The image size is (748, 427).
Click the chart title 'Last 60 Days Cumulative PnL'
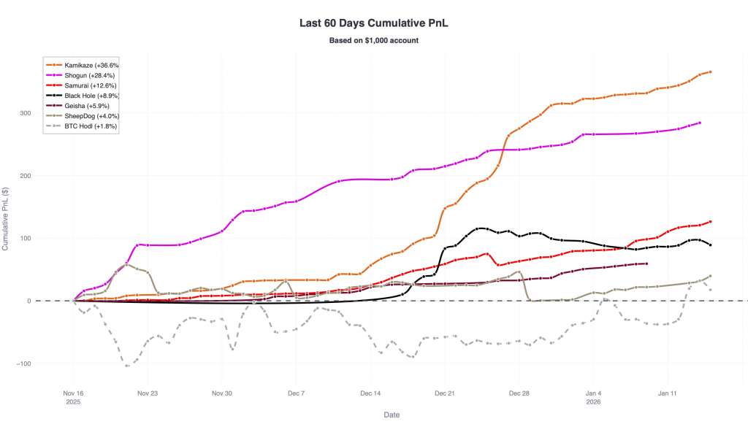point(373,23)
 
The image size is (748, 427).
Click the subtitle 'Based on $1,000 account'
point(373,40)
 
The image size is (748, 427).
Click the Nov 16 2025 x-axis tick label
point(73,396)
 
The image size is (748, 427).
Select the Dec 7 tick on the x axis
point(296,393)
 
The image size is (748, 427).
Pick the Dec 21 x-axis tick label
point(444,393)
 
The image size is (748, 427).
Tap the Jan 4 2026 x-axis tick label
point(593,396)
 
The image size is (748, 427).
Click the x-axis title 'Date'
point(392,414)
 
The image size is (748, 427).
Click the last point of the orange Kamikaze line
point(710,72)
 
